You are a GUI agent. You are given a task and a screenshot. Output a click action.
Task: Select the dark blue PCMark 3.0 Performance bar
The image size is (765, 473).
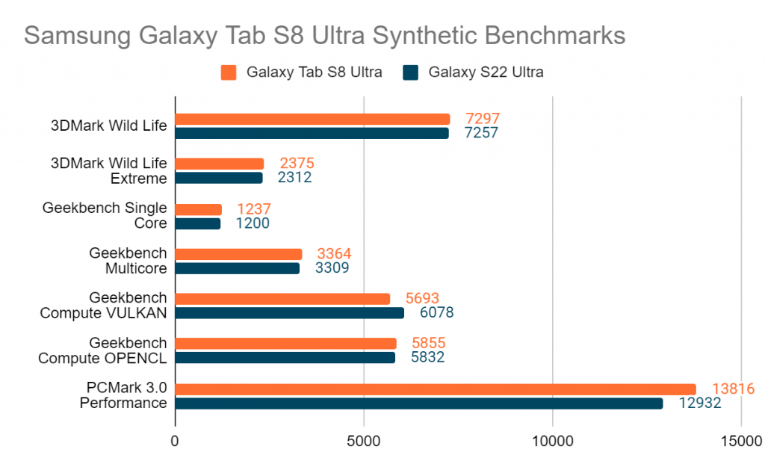click(419, 404)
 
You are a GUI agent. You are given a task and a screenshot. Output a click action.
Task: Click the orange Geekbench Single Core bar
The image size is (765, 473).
click(199, 209)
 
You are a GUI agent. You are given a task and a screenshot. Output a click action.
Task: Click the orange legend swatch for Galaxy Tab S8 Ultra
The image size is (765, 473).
click(229, 72)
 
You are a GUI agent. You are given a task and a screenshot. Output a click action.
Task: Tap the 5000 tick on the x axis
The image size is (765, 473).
click(364, 442)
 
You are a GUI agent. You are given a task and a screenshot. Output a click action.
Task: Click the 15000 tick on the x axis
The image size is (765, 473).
click(741, 442)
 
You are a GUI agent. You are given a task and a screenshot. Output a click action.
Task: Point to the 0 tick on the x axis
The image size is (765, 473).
click(175, 442)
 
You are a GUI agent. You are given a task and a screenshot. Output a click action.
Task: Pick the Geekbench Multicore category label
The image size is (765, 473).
click(128, 261)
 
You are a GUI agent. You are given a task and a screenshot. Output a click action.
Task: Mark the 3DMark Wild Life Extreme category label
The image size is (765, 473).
click(109, 170)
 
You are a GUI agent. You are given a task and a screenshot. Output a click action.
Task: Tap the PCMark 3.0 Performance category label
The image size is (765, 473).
click(123, 396)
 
